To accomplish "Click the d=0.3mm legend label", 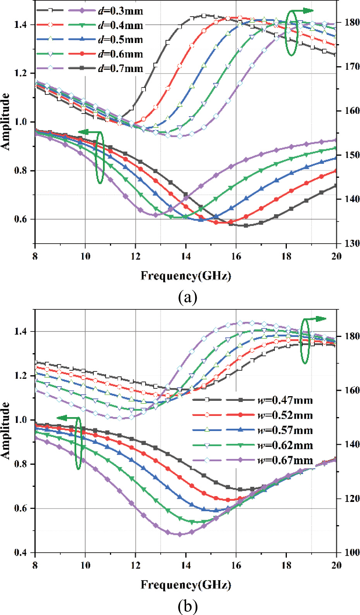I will [x=120, y=11].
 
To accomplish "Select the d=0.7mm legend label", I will [x=120, y=69].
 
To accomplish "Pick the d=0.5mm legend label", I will [x=120, y=40].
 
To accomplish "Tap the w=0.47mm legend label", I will [x=285, y=400].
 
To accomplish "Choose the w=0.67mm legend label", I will [x=285, y=460].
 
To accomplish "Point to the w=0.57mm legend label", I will [x=285, y=430].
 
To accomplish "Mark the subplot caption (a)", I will [x=187, y=297].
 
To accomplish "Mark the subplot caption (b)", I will [x=187, y=606].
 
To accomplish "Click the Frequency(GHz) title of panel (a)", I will [x=185, y=276].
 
